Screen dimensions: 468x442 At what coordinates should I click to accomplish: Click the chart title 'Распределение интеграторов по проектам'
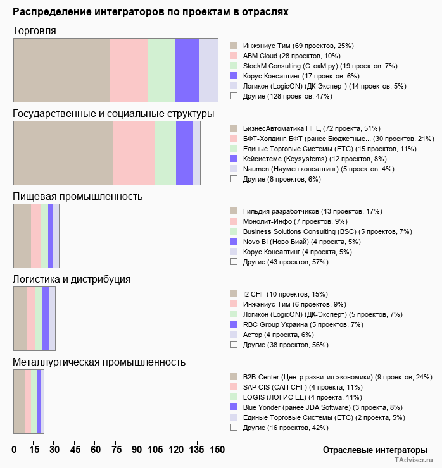pyautogui.click(x=151, y=12)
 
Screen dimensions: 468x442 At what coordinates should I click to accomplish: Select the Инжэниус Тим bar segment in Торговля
pyautogui.click(x=61, y=70)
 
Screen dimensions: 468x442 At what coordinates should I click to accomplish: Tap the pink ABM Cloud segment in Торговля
pyautogui.click(x=129, y=70)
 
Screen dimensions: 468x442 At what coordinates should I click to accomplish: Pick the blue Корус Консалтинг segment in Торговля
pyautogui.click(x=187, y=70)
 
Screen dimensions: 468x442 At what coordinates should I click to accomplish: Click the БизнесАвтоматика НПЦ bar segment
pyautogui.click(x=63, y=152)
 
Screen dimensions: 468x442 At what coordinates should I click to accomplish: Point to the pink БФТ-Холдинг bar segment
pyautogui.click(x=134, y=152)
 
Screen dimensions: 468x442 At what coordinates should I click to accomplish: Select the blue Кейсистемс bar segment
pyautogui.click(x=184, y=152)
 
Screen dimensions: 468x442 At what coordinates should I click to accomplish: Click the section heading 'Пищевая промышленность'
pyautogui.click(x=78, y=196)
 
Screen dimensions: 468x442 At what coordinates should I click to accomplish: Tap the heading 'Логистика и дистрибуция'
pyautogui.click(x=72, y=279)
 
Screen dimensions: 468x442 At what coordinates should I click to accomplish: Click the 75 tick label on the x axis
pyautogui.click(x=116, y=450)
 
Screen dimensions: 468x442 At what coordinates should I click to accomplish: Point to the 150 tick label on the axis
pyautogui.click(x=217, y=450)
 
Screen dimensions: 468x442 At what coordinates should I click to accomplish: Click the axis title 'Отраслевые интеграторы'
pyautogui.click(x=371, y=450)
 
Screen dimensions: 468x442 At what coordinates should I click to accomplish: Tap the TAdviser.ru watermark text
pyautogui.click(x=414, y=460)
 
